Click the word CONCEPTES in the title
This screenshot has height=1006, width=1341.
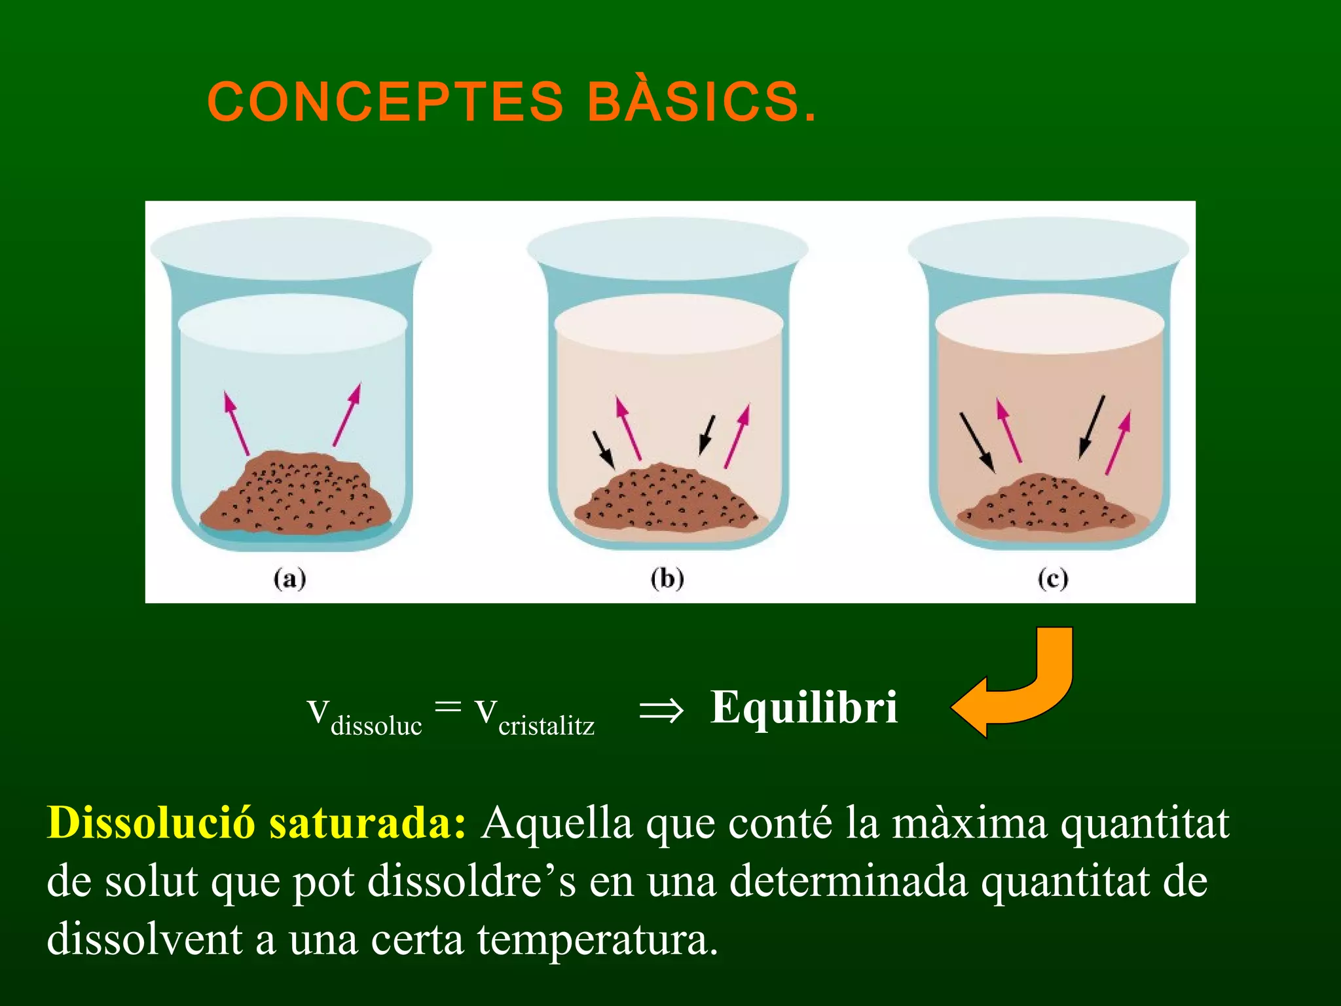(x=385, y=102)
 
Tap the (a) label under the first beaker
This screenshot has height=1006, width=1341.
(x=289, y=579)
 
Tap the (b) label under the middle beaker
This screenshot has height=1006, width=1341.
(x=667, y=579)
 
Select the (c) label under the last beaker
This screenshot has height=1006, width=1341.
(x=1053, y=579)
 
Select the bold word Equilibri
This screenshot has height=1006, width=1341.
(x=804, y=707)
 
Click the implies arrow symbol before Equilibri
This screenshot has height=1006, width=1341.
(x=661, y=710)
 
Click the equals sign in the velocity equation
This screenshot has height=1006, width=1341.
(x=448, y=706)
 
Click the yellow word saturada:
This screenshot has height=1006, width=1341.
(x=367, y=823)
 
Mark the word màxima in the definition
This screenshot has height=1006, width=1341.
(x=969, y=823)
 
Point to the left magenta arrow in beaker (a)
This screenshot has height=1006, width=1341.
(x=236, y=423)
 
